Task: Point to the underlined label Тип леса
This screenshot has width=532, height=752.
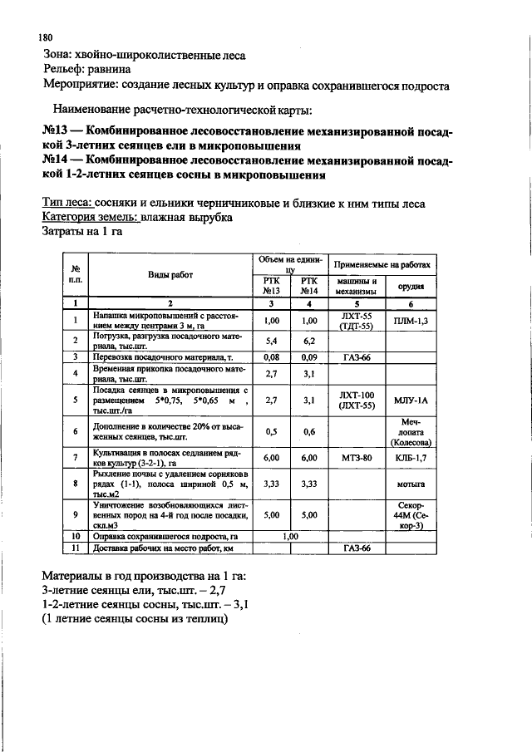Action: pyautogui.click(x=66, y=203)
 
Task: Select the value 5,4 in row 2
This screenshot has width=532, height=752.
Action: pyautogui.click(x=270, y=341)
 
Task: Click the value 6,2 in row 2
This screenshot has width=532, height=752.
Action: pyautogui.click(x=309, y=341)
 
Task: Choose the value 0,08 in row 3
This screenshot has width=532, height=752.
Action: pyautogui.click(x=270, y=357)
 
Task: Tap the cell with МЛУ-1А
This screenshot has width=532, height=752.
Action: pyautogui.click(x=411, y=400)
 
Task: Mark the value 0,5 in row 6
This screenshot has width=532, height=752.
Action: pyautogui.click(x=270, y=431)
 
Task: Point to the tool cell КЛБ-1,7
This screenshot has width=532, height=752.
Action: pyautogui.click(x=411, y=457)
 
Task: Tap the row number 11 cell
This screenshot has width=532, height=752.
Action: pyautogui.click(x=75, y=548)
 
